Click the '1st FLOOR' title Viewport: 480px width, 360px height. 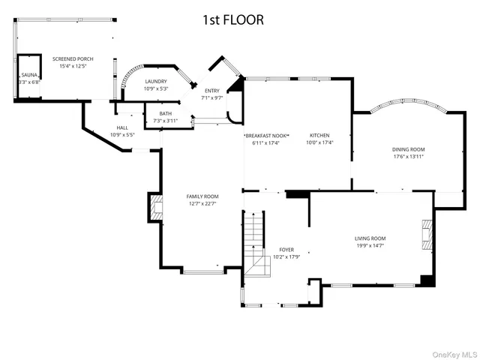coord(232,20)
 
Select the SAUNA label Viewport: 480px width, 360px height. coord(29,76)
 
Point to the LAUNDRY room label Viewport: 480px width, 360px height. coord(155,82)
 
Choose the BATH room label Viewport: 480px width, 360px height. coord(165,113)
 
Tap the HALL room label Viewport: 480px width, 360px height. coord(121,128)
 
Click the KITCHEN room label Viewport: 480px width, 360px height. coord(320,136)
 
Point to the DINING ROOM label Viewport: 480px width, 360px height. coord(409,150)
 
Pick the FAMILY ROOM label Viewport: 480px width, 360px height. coord(202,196)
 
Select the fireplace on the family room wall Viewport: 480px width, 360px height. coord(155,209)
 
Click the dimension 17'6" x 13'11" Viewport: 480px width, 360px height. coord(409,157)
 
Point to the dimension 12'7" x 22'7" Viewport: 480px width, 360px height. coord(202,204)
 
